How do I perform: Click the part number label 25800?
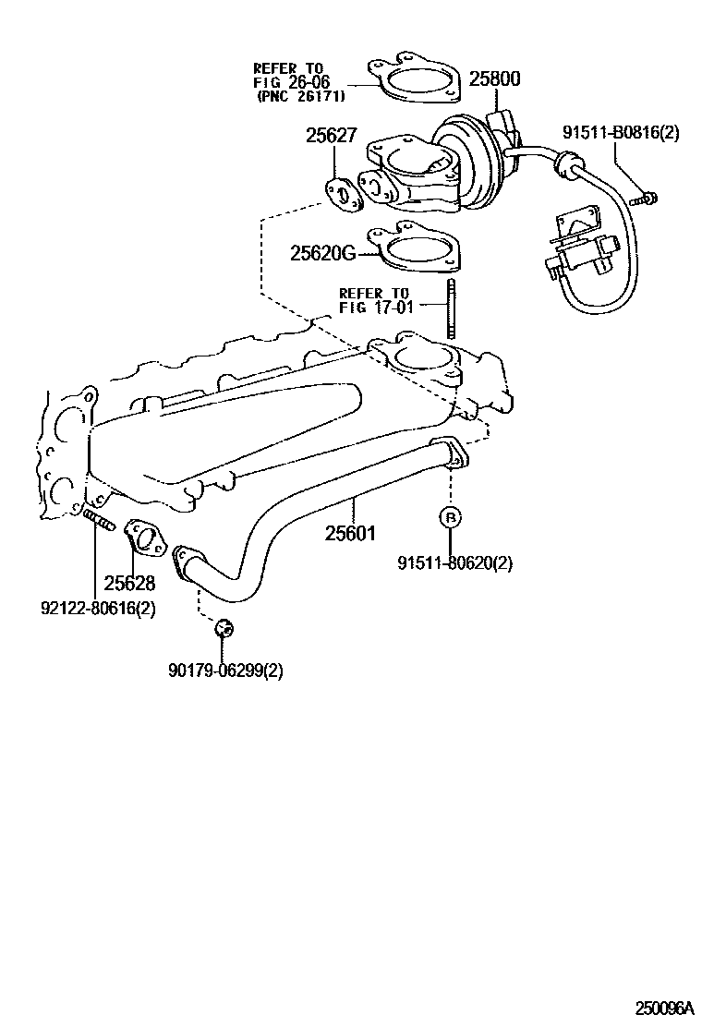[494, 79]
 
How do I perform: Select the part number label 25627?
[331, 136]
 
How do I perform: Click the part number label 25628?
[128, 583]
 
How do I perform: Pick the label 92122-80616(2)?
[97, 609]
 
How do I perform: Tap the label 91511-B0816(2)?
[621, 132]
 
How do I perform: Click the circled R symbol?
[450, 517]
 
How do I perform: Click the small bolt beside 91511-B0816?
[644, 197]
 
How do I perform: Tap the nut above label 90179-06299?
[224, 629]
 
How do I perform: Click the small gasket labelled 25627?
[344, 197]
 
